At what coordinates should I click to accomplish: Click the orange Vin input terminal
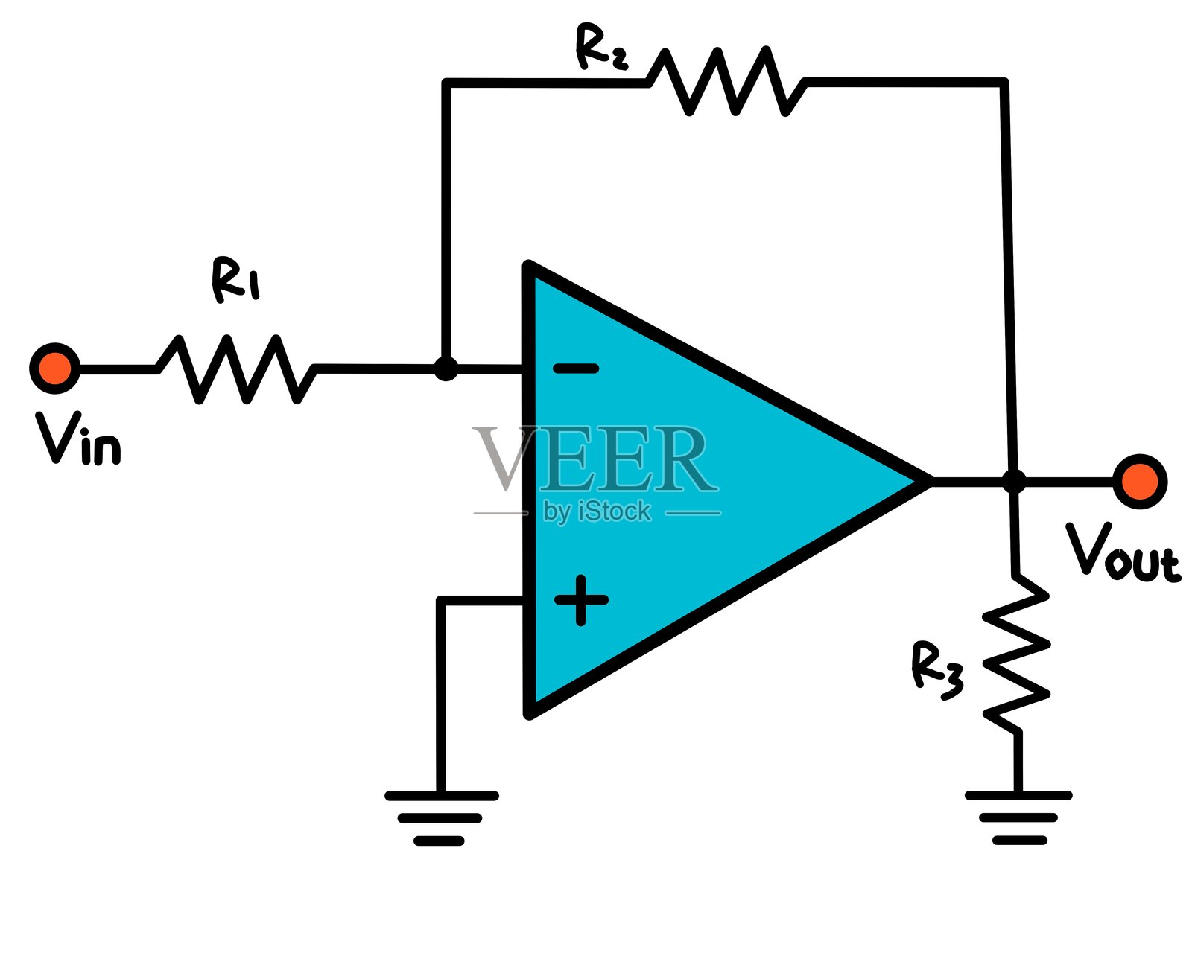[54, 368]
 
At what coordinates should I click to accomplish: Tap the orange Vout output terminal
[1139, 482]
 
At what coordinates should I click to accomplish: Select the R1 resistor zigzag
[236, 369]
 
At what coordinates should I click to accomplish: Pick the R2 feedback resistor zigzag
[726, 82]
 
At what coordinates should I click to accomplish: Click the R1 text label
[235, 280]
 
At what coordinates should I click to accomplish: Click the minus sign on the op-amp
[575, 368]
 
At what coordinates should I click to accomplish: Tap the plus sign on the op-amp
[581, 599]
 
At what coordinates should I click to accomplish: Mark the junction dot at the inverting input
[446, 369]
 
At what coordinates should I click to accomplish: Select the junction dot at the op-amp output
[1013, 482]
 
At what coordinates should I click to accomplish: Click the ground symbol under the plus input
[441, 817]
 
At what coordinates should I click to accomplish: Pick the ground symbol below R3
[1018, 817]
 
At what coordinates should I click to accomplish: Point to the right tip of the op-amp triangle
[928, 482]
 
